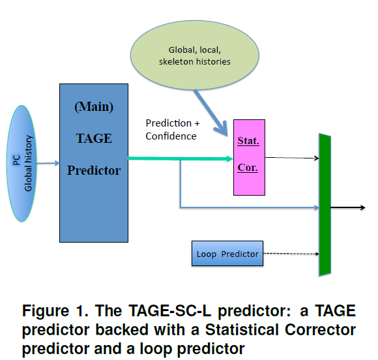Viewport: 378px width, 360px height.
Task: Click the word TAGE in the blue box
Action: (94, 138)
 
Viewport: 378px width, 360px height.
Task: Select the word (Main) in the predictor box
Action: (94, 107)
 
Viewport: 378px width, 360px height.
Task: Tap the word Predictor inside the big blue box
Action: (94, 170)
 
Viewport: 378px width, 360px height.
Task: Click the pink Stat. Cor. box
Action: (249, 157)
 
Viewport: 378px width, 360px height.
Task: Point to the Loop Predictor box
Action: (227, 253)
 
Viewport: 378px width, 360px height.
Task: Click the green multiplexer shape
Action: (325, 205)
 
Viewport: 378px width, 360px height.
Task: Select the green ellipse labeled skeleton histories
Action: (195, 55)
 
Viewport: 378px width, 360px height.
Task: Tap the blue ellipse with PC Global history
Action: (22, 163)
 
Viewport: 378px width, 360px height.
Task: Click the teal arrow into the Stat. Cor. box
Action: (181, 158)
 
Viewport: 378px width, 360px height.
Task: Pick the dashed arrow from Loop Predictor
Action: (291, 254)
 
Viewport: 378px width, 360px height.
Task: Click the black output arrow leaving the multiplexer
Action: (348, 207)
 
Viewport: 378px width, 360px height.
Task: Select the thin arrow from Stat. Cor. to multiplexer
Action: (292, 158)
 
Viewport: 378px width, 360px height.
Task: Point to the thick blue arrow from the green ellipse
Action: (211, 112)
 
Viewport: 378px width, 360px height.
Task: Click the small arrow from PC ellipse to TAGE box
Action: (48, 163)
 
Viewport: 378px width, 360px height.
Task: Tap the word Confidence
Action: (171, 136)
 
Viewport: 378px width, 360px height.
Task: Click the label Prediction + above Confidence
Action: (173, 123)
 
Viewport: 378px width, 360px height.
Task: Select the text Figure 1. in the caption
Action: (55, 310)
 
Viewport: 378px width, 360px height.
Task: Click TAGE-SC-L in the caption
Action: (169, 310)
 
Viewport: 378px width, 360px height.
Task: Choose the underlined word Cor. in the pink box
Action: (248, 168)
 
